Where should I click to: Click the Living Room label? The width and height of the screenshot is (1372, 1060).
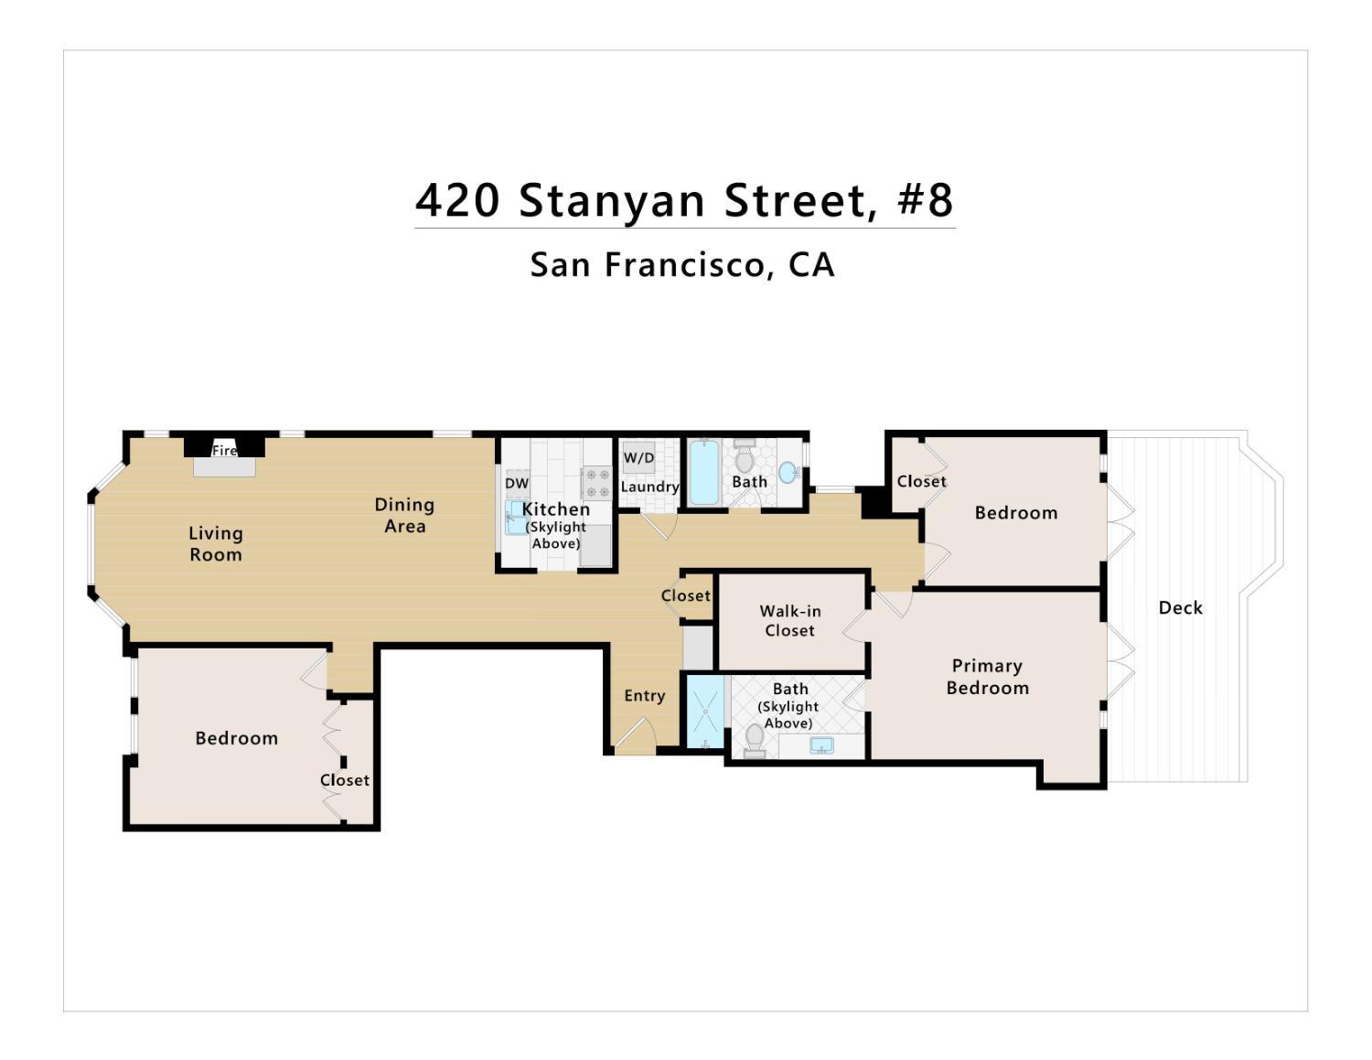(x=215, y=543)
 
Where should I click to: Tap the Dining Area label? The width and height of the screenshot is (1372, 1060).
(x=404, y=515)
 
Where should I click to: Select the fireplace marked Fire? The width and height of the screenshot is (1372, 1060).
(x=224, y=455)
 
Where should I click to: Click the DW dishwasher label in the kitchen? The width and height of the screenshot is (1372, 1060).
(x=517, y=484)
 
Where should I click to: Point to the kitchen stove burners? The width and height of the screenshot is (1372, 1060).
(x=596, y=483)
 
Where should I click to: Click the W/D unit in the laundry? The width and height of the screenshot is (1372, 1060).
(x=639, y=457)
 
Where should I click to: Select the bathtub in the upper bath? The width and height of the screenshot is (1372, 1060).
(x=704, y=472)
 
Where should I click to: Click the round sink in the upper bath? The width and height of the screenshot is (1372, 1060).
(x=788, y=472)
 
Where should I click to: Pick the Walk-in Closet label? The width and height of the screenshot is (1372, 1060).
(x=790, y=621)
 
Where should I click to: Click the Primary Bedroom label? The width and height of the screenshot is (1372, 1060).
(x=988, y=677)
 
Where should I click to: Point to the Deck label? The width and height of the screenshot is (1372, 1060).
(x=1180, y=608)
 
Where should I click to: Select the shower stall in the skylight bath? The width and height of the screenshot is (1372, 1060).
(x=705, y=712)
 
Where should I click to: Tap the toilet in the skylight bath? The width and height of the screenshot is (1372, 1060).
(x=755, y=741)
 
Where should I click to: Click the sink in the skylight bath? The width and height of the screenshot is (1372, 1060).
(x=821, y=745)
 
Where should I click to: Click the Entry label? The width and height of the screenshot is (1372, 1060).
(x=645, y=696)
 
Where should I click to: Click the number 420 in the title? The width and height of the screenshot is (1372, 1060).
(x=457, y=201)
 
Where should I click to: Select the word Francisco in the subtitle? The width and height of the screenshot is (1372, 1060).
(x=684, y=264)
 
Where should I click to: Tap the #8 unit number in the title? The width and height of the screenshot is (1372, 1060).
(x=925, y=200)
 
